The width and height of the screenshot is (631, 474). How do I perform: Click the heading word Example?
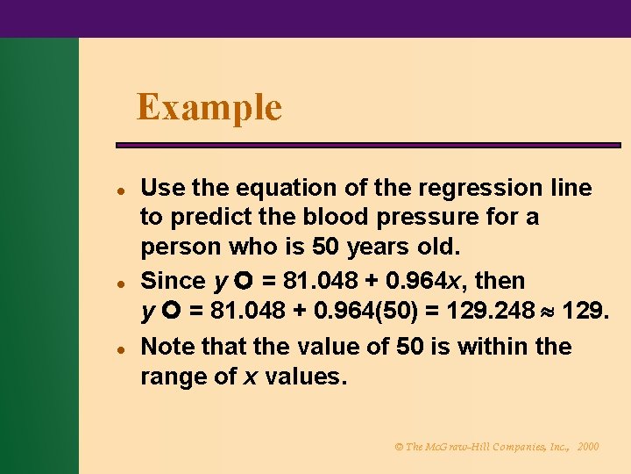[209, 108]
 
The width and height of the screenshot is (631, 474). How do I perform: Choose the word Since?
[173, 281]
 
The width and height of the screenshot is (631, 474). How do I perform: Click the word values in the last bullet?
[307, 377]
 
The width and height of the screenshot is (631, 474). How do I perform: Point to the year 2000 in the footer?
[588, 447]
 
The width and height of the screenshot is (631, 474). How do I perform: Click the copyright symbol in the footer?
[399, 447]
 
